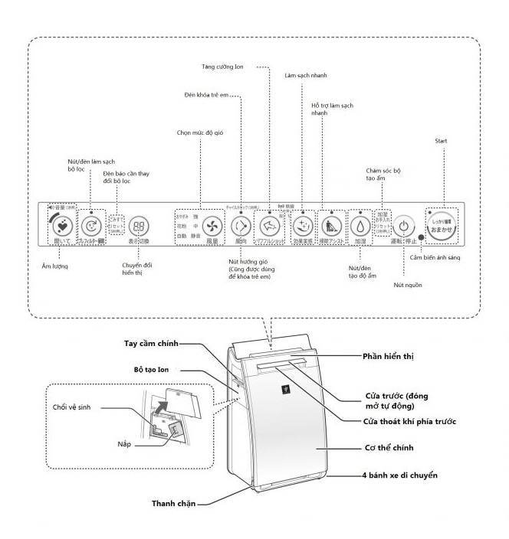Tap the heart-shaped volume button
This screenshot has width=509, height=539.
[x=65, y=226]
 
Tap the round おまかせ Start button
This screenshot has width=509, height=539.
[x=442, y=224]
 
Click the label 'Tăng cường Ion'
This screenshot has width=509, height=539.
[x=244, y=67]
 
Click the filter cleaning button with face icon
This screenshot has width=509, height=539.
[x=91, y=226]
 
